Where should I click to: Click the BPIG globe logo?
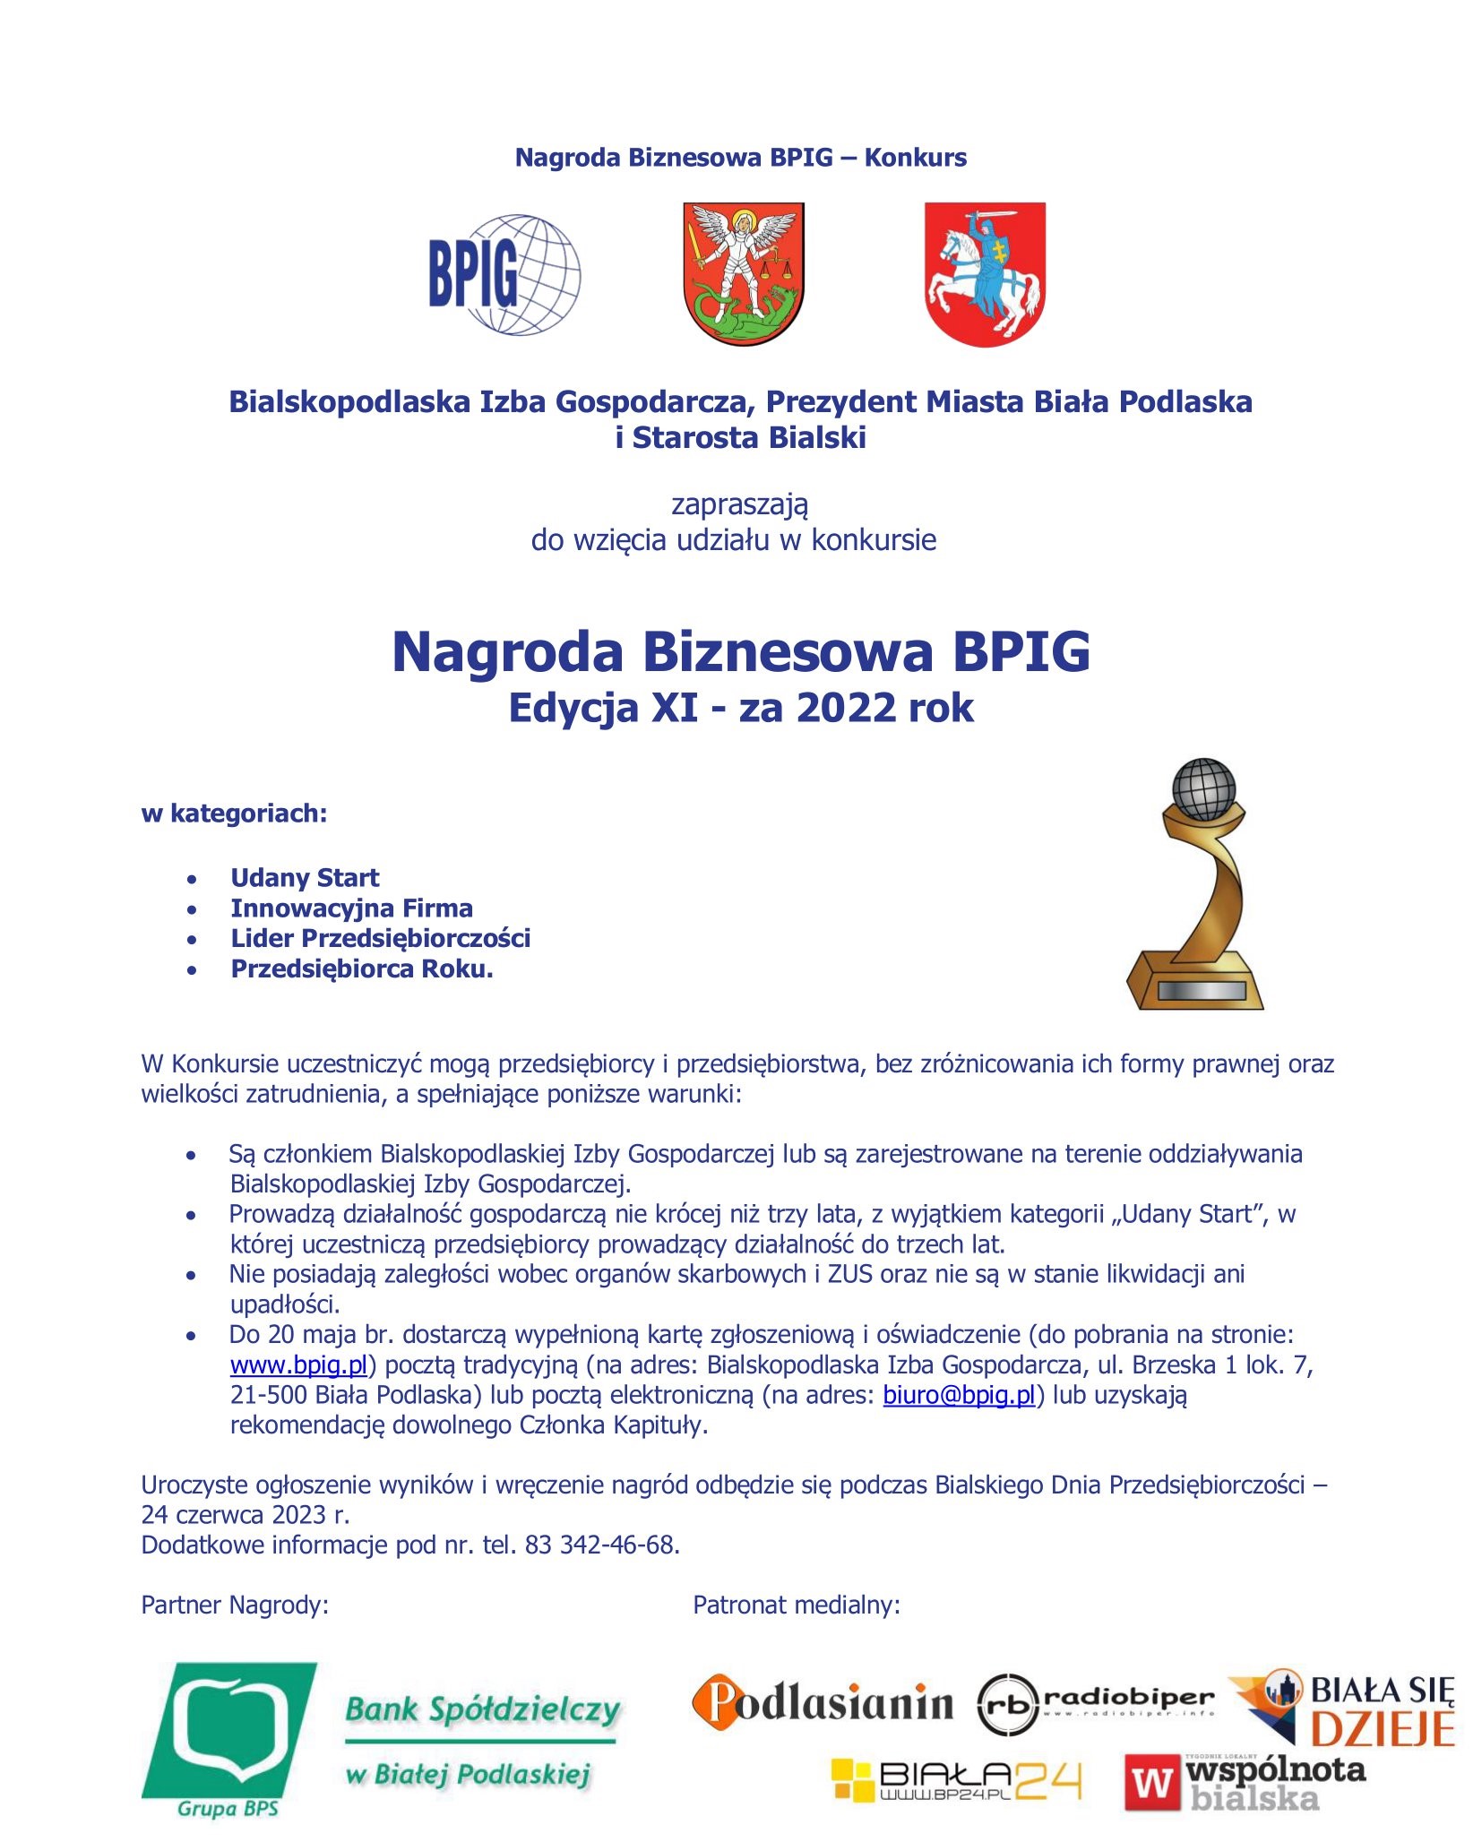[504, 274]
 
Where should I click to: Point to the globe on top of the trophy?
[1203, 788]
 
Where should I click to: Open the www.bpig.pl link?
[298, 1364]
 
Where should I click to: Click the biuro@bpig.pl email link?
[959, 1395]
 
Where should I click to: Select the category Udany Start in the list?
[305, 877]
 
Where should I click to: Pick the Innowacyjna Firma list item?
[351, 908]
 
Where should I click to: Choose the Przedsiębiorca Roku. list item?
[362, 968]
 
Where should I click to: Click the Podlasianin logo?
[822, 1702]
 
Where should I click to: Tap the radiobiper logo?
[1095, 1703]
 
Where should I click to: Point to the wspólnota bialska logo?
[1245, 1782]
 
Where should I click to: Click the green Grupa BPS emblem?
[228, 1738]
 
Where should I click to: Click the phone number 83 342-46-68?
[600, 1545]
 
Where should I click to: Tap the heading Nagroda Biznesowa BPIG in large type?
[740, 651]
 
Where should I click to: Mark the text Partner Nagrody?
[235, 1605]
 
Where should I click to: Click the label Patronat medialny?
[796, 1605]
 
